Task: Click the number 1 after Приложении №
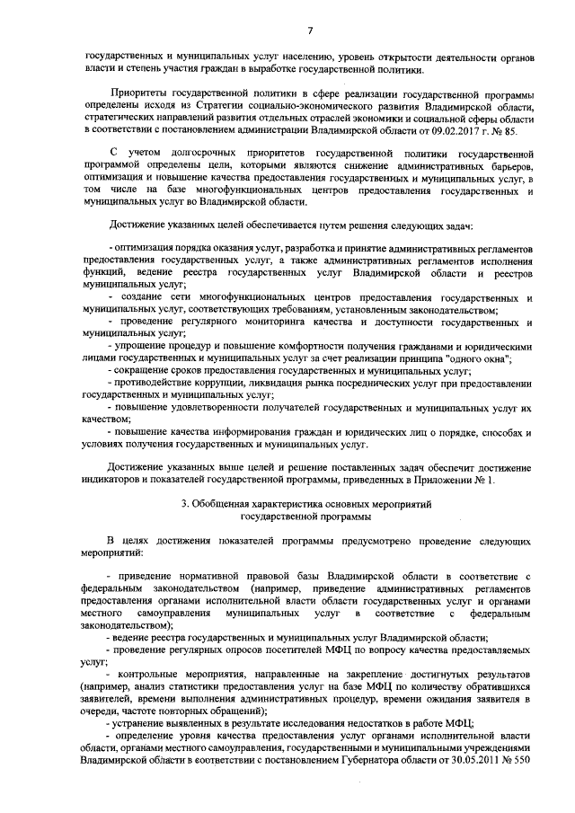(491, 481)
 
